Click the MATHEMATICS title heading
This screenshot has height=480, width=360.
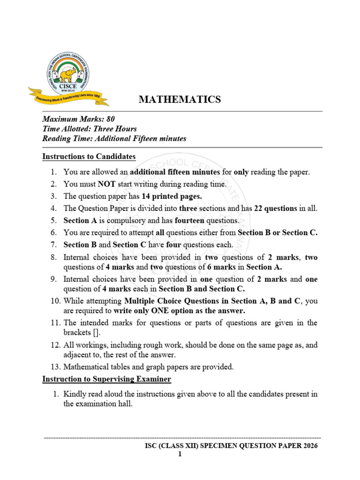coord(180,99)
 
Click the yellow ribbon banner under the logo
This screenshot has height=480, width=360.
coord(68,97)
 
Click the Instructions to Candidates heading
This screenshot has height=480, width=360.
coord(89,157)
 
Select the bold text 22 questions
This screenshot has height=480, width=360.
coord(277,209)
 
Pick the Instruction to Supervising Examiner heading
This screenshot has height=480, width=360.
coord(107,379)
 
